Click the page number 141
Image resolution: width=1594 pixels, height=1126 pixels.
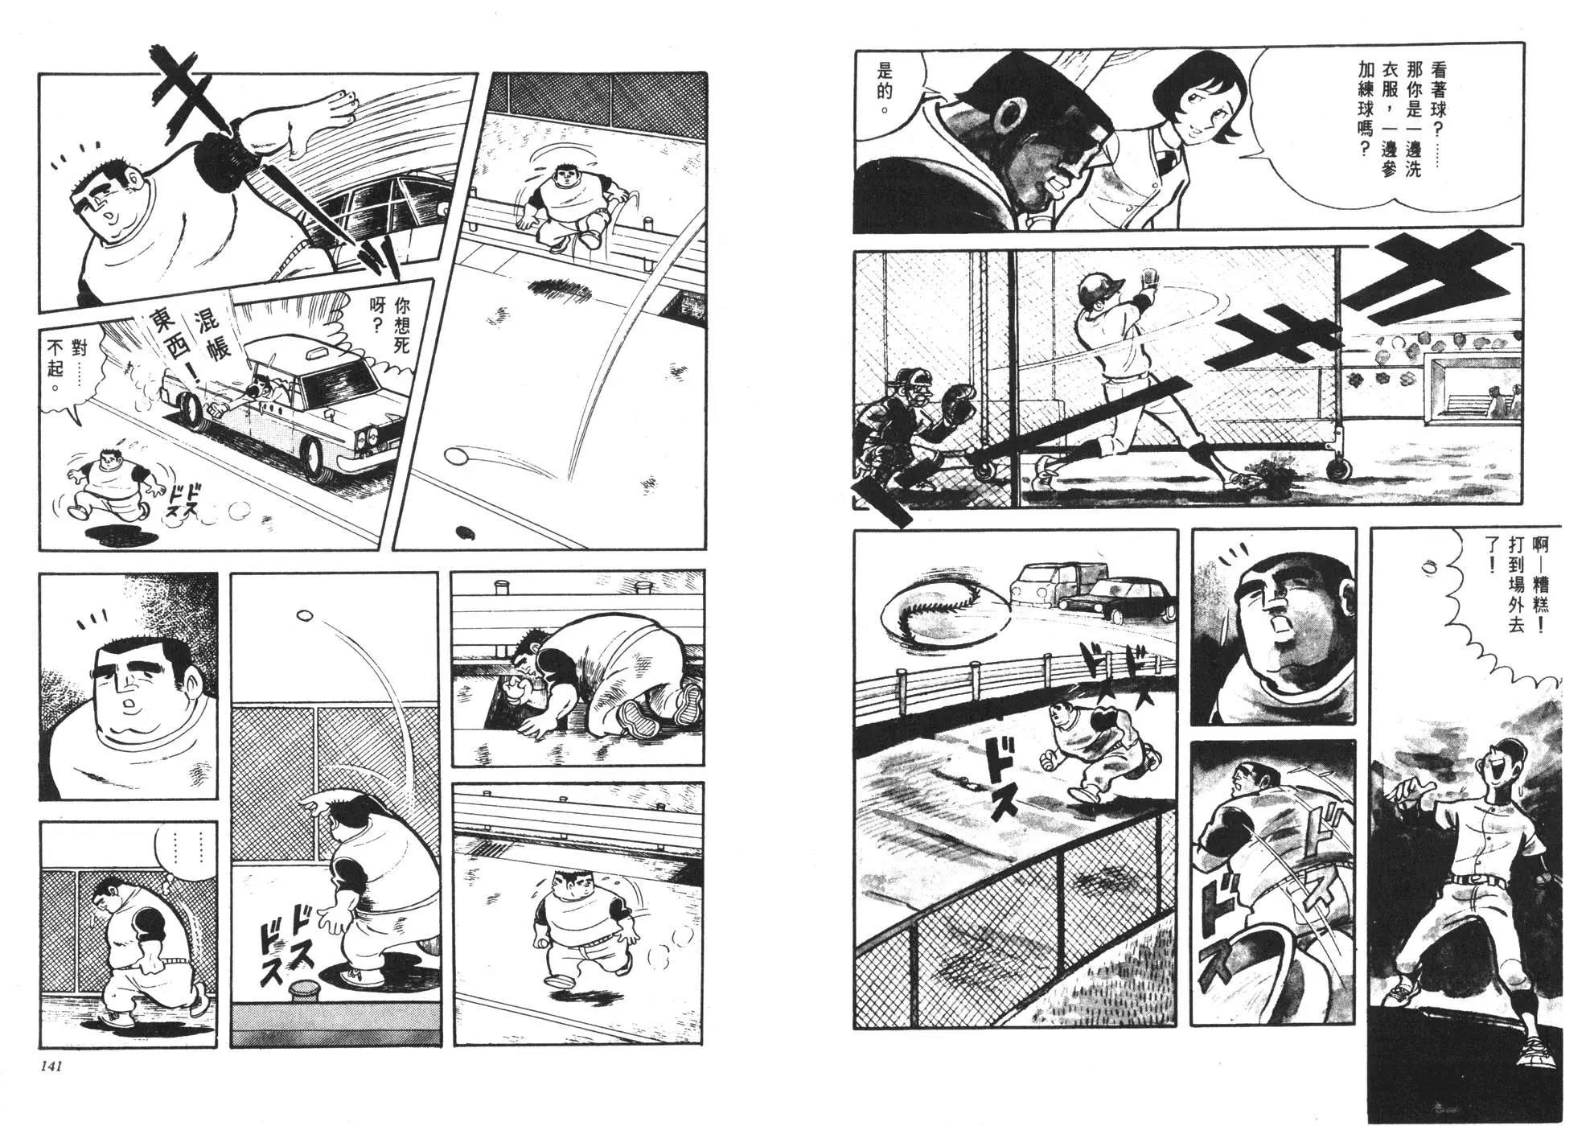(48, 1066)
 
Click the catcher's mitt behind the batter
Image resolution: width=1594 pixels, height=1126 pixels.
(959, 401)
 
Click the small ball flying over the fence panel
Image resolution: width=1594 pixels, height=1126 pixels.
(305, 615)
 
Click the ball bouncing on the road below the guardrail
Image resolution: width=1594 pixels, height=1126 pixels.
(456, 458)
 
